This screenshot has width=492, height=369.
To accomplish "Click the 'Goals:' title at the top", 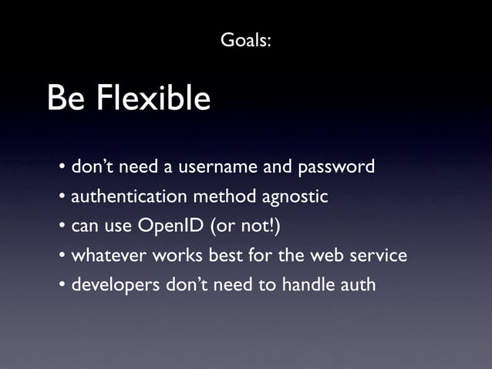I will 245,39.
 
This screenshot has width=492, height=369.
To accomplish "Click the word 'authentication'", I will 130,196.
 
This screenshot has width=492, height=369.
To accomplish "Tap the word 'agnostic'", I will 295,197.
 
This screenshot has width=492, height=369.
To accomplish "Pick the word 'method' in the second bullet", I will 225,196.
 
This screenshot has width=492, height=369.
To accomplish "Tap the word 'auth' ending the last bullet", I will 357,284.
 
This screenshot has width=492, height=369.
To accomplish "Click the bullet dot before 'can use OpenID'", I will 62,226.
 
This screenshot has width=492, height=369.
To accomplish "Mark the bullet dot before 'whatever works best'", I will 62,256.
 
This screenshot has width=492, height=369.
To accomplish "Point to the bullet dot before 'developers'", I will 62,285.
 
